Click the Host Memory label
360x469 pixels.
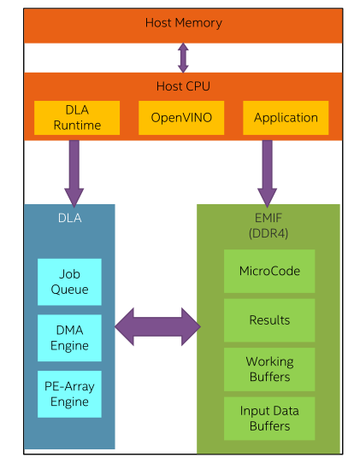tap(183, 22)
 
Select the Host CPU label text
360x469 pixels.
tap(183, 86)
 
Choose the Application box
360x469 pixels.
tap(286, 118)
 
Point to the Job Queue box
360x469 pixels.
tap(69, 282)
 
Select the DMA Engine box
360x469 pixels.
tap(69, 338)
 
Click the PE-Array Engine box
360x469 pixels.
tap(69, 394)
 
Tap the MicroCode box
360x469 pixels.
tap(269, 272)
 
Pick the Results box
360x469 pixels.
tap(269, 320)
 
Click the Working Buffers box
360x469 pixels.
tap(269, 369)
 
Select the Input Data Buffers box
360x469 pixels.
tap(269, 419)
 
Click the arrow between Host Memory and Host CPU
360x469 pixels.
tap(183, 56)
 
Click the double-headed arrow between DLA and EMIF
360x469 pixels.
tap(156, 325)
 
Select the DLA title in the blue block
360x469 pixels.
tap(69, 218)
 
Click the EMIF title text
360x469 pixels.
tap(269, 219)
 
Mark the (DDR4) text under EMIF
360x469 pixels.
tap(269, 232)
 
